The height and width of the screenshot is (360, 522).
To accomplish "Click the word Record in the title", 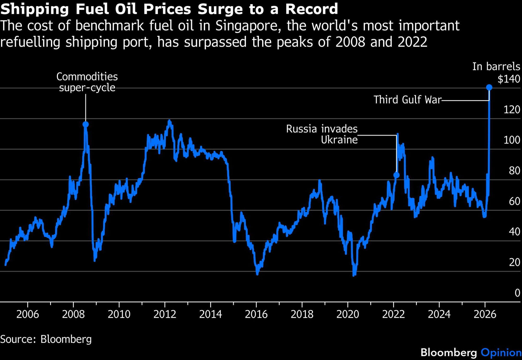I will click(311, 9).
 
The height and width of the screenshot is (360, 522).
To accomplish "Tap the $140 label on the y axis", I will click(509, 79).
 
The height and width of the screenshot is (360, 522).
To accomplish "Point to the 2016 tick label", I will click(256, 314).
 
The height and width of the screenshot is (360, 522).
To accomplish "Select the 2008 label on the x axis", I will click(73, 314).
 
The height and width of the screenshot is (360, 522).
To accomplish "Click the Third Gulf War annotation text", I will click(407, 100).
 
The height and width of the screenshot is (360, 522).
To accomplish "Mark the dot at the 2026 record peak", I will click(489, 87).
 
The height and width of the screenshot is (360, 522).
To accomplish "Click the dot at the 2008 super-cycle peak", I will click(86, 125).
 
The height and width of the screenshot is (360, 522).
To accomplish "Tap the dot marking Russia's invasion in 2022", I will click(396, 175).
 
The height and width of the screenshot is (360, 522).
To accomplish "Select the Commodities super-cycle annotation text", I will click(87, 82).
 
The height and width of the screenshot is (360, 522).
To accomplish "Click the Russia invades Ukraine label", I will click(322, 134).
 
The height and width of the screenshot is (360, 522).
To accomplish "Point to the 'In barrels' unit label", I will click(496, 67).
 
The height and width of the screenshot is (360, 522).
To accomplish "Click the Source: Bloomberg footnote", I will click(46, 339).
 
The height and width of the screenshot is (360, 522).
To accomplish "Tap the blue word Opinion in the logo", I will click(501, 352).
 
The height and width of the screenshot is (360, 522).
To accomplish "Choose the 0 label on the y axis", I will click(517, 293).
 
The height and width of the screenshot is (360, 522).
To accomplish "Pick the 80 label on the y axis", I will click(514, 171).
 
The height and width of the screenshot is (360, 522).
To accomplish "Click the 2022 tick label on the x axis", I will click(393, 314).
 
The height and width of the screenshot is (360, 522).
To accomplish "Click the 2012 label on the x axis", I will click(165, 314).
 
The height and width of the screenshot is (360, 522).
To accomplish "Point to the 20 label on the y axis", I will click(514, 262).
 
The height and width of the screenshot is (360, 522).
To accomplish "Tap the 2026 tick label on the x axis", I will click(485, 314).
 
